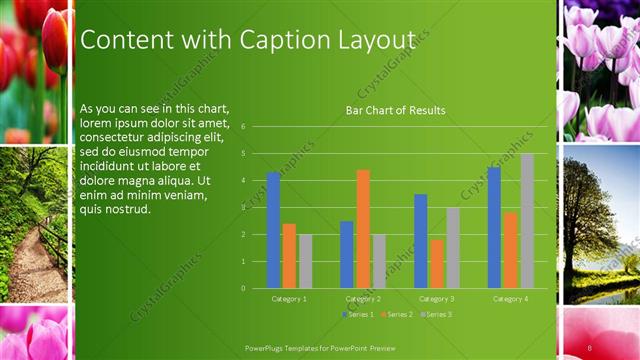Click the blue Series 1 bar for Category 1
point(273,231)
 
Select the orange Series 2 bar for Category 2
point(363,229)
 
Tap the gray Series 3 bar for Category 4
point(527,221)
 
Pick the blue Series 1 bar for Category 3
point(421,241)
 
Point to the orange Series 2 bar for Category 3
point(437,264)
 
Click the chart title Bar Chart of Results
point(395,110)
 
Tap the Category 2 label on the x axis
point(363,298)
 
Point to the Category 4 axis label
point(510,298)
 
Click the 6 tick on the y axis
point(243,127)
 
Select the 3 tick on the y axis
point(243,208)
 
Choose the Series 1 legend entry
point(359,315)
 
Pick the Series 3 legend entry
point(436,315)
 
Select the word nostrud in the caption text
point(126,209)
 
